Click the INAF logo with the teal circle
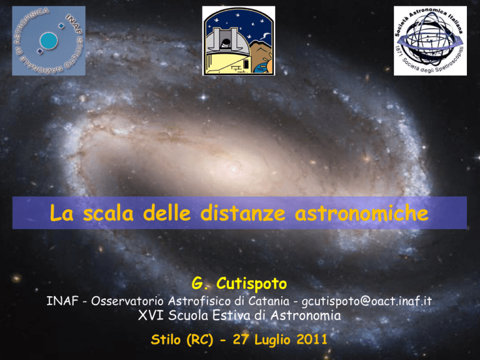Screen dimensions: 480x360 coord(49,41)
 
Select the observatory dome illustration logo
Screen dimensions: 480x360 coord(239,41)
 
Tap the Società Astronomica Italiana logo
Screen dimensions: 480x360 coord(430,41)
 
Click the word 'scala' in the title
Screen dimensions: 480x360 coord(108,213)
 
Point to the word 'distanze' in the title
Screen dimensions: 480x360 coord(242,212)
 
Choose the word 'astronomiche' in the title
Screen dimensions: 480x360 coord(361,212)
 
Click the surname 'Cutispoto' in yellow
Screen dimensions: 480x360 coord(252,284)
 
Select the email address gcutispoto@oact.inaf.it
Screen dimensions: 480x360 coord(367,301)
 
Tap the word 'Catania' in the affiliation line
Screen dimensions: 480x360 coord(269,301)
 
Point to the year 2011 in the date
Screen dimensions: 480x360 coord(312,339)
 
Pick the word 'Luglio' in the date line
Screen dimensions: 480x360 coord(272,340)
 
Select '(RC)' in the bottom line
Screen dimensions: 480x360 coord(199,340)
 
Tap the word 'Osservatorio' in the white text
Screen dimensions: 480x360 coord(127,301)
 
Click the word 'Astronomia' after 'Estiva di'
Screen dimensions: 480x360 coord(306,315)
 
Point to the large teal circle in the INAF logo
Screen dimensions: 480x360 coord(49,41)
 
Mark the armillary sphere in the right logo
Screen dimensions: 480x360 coord(430,39)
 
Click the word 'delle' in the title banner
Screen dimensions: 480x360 coord(166,212)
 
